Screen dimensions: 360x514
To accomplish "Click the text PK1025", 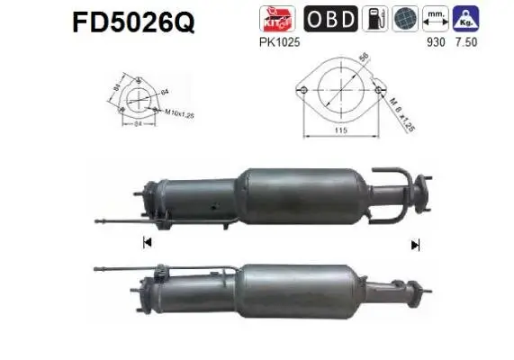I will click(275, 42).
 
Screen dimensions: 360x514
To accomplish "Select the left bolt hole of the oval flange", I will click(304, 90).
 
